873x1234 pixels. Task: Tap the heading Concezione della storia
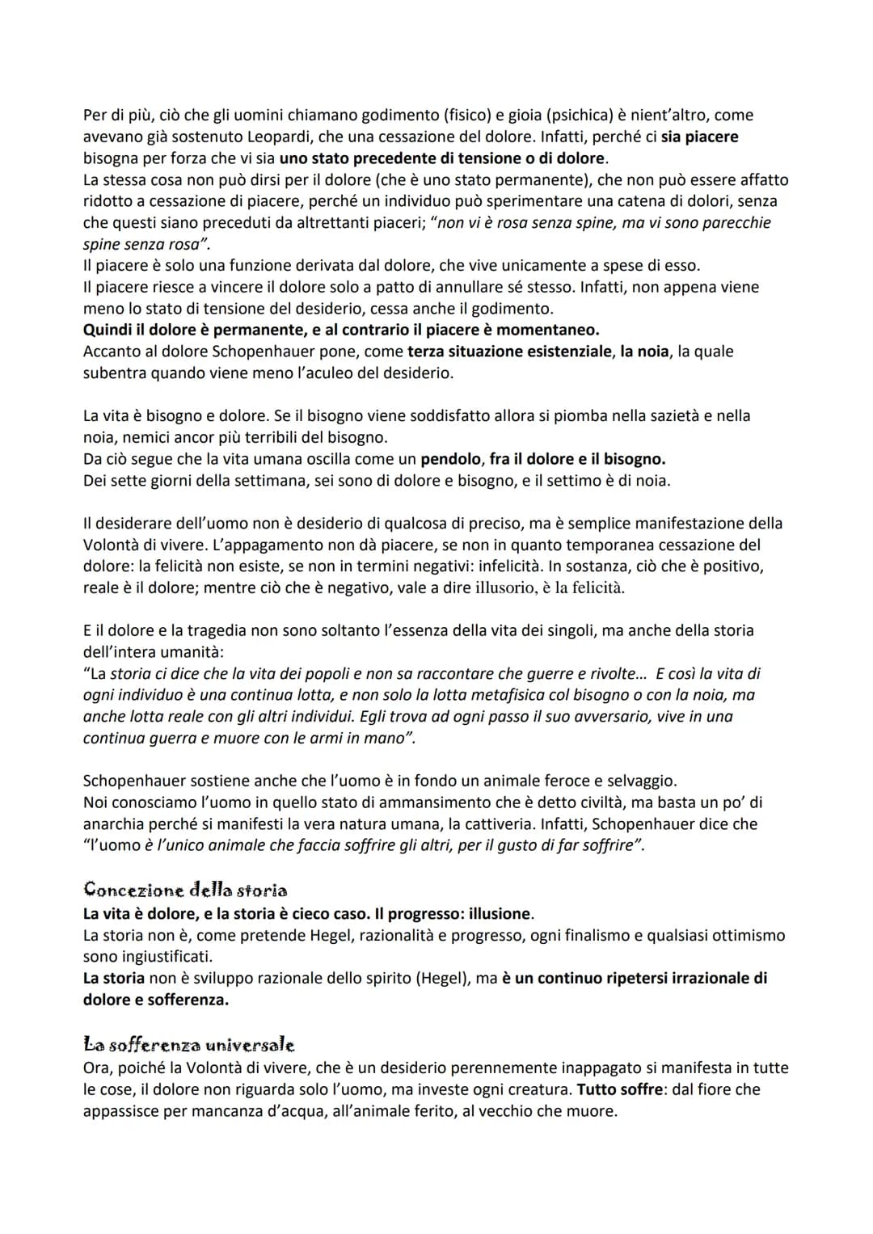coord(185,891)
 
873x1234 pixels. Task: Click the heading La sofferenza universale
coord(188,1045)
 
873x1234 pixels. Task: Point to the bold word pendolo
coord(451,459)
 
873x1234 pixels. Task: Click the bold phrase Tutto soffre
coord(621,1089)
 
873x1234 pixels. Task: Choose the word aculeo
coord(327,373)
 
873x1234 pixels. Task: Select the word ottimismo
coord(744,936)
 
